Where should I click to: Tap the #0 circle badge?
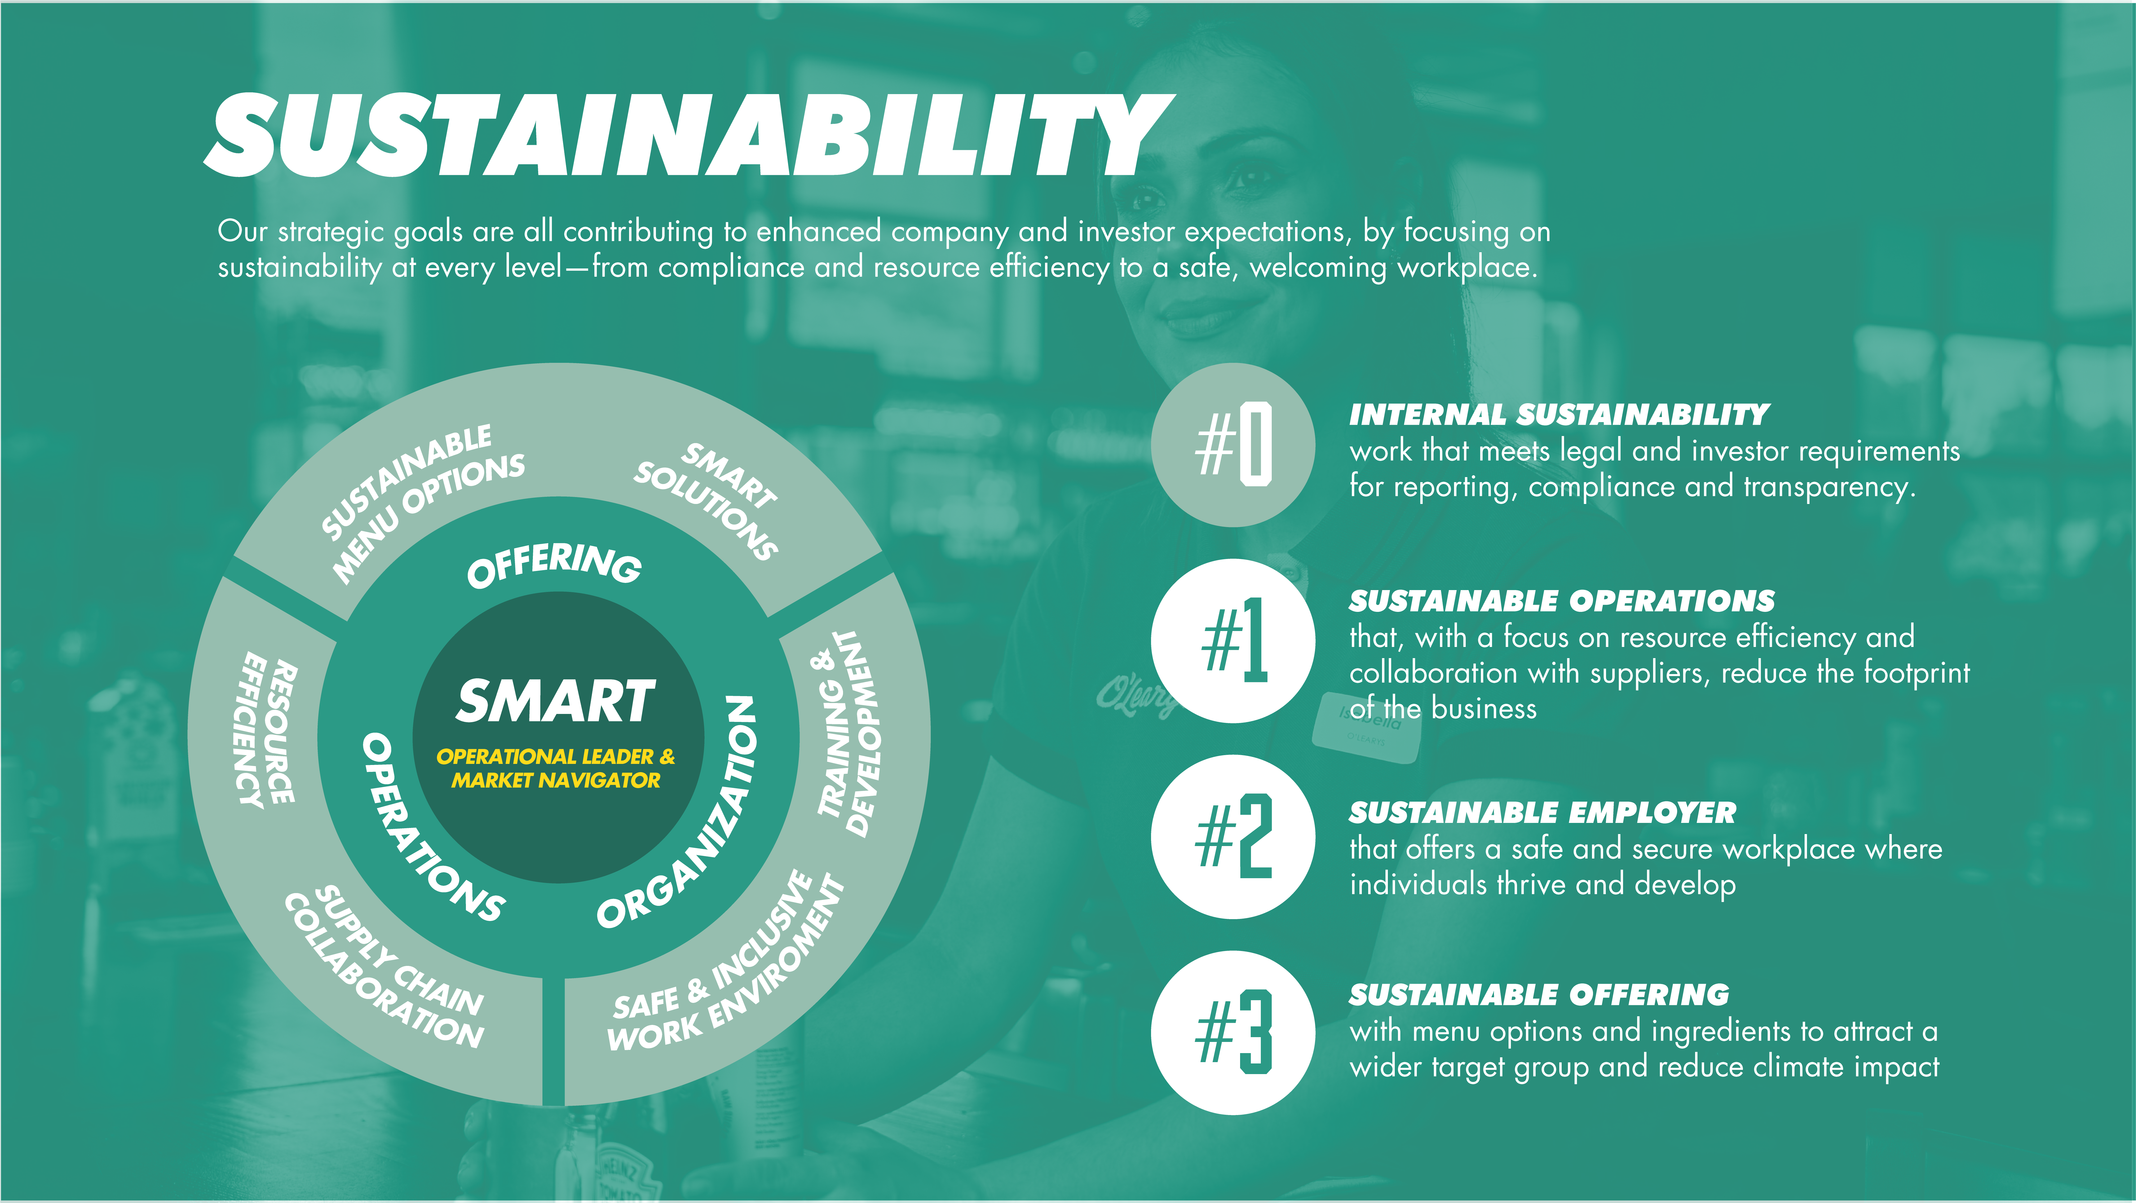(1233, 445)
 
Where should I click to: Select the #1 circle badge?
(1233, 641)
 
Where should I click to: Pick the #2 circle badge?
(1233, 836)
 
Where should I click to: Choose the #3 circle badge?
(1233, 1032)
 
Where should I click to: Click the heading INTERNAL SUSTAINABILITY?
(1559, 415)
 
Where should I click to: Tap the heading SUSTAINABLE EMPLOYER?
(1542, 813)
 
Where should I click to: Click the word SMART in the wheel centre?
(555, 701)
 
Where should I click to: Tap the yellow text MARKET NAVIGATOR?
(555, 780)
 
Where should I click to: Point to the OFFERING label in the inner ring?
(554, 565)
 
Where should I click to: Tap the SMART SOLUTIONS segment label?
(706, 502)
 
